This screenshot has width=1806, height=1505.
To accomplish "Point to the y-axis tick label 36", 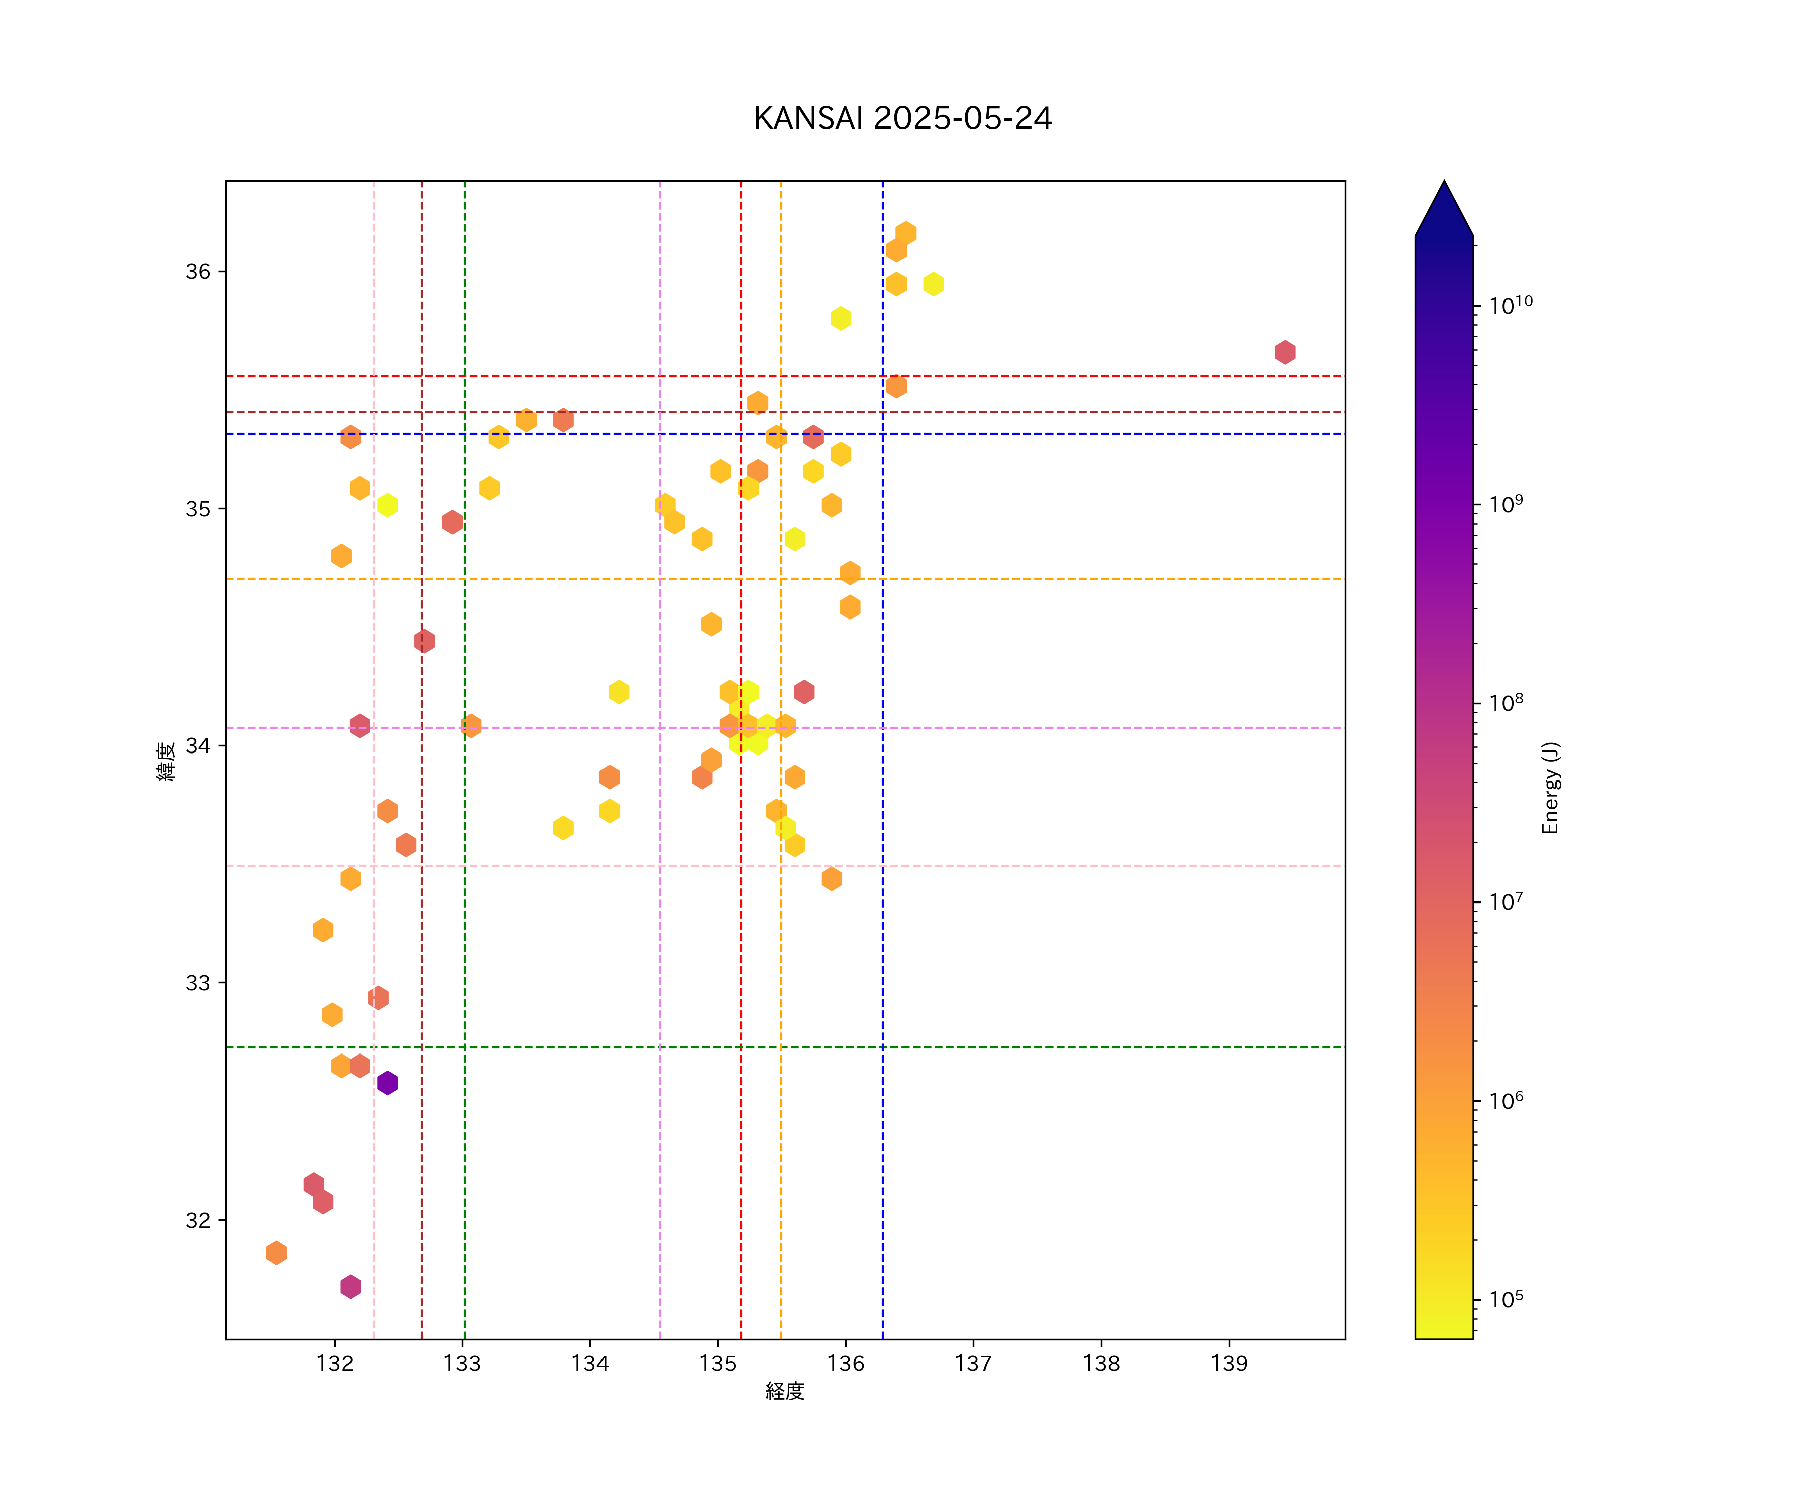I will (x=198, y=272).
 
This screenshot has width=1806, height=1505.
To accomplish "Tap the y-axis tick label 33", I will (x=198, y=982).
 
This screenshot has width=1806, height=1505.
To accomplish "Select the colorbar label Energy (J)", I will (x=1550, y=788).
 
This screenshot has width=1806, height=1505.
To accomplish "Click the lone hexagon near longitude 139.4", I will (x=1285, y=352).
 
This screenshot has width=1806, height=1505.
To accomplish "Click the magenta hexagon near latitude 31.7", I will (x=350, y=1287).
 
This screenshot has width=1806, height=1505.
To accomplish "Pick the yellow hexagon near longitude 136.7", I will (x=933, y=284).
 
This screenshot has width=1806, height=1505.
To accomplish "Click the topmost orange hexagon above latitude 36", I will (x=906, y=233).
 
